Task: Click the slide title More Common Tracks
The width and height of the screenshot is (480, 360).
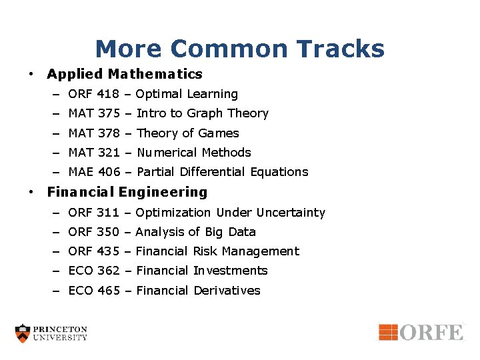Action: (x=239, y=49)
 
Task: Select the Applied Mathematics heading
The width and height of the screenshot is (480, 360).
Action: (x=125, y=74)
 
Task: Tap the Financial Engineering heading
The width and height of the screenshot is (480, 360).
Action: (x=127, y=192)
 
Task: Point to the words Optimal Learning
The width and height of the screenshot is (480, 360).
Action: (x=187, y=94)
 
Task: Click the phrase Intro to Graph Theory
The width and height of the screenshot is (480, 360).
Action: (x=202, y=113)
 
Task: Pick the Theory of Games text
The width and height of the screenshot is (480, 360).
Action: (x=187, y=133)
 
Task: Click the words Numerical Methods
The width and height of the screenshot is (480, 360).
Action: (x=193, y=152)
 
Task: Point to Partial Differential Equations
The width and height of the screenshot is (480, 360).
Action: (x=222, y=171)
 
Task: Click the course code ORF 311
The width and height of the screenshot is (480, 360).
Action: (x=93, y=213)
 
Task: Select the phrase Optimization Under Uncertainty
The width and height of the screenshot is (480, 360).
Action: (x=230, y=213)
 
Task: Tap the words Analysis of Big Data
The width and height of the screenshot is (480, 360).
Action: (x=195, y=232)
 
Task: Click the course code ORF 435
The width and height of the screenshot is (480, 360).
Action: (x=93, y=251)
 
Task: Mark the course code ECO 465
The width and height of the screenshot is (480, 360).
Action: (x=93, y=290)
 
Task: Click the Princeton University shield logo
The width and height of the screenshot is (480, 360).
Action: (x=23, y=333)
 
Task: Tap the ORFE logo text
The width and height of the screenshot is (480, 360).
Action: (x=431, y=332)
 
